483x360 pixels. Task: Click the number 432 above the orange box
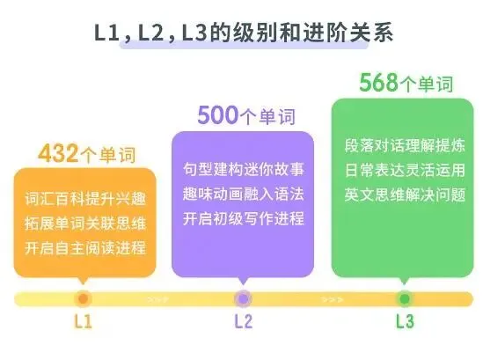pos(58,153)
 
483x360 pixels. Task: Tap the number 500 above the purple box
pos(218,115)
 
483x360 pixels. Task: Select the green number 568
pos(379,82)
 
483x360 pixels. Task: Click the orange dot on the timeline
pos(84,298)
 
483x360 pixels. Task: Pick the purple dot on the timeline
pos(244,298)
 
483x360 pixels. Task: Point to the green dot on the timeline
pos(405,298)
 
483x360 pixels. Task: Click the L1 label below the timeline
pos(84,321)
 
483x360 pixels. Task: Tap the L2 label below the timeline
pos(244,321)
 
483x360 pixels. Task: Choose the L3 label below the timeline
pos(405,321)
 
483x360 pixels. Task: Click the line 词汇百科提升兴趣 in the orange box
pos(85,199)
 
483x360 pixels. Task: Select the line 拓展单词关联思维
pos(85,224)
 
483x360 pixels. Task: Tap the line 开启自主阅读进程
pos(85,248)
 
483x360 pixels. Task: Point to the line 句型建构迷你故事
pos(244,169)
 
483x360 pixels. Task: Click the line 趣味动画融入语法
pos(244,195)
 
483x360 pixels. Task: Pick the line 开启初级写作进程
pos(244,219)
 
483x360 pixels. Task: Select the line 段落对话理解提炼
pos(405,145)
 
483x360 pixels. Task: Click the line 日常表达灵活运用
pos(405,170)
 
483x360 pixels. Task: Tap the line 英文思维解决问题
pos(405,195)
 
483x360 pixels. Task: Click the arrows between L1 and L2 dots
pos(157,299)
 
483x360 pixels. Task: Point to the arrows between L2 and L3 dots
pos(332,299)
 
